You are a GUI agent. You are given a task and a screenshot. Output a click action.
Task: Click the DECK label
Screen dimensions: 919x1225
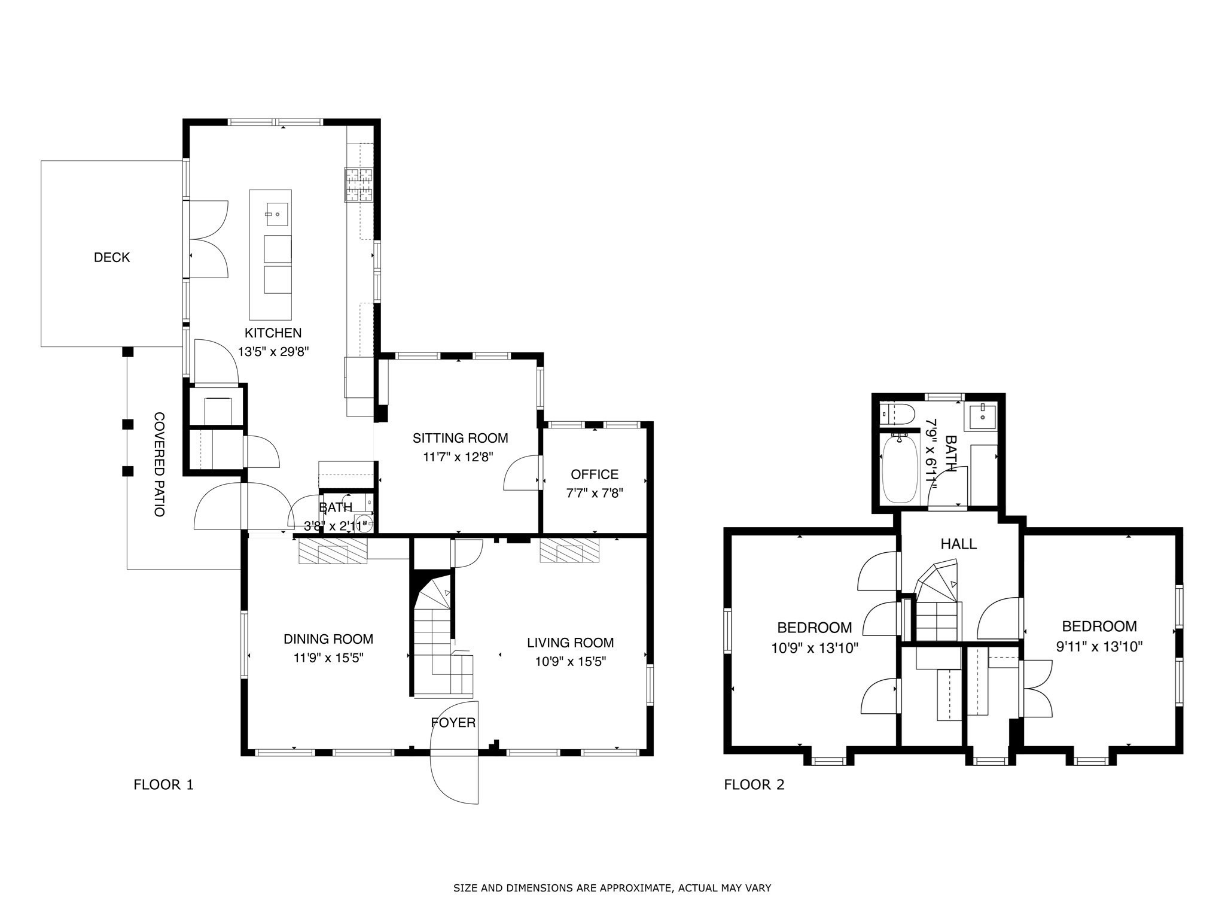pos(112,257)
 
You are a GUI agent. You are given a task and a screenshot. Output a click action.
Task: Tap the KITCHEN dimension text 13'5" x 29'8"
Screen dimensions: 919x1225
pos(273,352)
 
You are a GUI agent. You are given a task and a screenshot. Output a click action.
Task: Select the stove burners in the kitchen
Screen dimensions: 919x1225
pos(358,184)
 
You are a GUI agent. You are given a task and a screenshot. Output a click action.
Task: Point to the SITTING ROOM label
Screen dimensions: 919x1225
pos(460,438)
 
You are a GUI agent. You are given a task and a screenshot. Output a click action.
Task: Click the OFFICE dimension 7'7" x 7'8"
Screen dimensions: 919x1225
pos(595,494)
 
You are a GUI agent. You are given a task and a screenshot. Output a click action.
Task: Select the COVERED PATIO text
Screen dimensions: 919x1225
pos(159,464)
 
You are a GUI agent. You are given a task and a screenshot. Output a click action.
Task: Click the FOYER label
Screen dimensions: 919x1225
pos(453,723)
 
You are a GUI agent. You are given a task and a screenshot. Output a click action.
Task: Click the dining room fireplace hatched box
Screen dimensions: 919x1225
pos(333,550)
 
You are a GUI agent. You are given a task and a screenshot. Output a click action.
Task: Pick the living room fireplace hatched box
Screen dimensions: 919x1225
pos(569,550)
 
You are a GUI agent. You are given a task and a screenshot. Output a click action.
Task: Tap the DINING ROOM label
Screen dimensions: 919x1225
pos(328,639)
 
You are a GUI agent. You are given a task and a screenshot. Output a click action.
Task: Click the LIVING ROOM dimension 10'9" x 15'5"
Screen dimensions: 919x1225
pos(570,662)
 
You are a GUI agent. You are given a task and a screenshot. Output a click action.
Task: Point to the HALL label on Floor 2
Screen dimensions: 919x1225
pos(958,544)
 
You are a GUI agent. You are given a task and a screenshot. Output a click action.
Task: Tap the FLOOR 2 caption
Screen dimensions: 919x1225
pos(754,784)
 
